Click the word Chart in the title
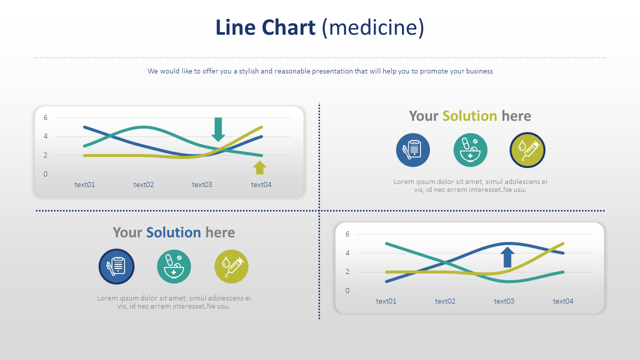[289, 27]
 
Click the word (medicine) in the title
[373, 27]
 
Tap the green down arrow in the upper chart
[218, 129]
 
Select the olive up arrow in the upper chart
[259, 167]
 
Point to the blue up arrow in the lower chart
[507, 257]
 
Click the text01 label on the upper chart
[84, 184]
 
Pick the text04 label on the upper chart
[261, 184]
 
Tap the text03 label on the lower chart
[504, 301]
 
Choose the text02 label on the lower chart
[445, 301]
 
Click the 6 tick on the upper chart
[45, 118]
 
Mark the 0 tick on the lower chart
[347, 290]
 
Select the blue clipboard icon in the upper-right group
[413, 150]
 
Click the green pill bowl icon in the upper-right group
[470, 150]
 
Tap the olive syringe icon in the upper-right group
[527, 150]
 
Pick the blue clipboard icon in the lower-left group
[116, 266]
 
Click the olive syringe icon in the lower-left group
[231, 266]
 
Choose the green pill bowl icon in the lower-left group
[174, 266]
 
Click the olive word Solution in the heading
[469, 116]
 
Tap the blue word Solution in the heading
[173, 232]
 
